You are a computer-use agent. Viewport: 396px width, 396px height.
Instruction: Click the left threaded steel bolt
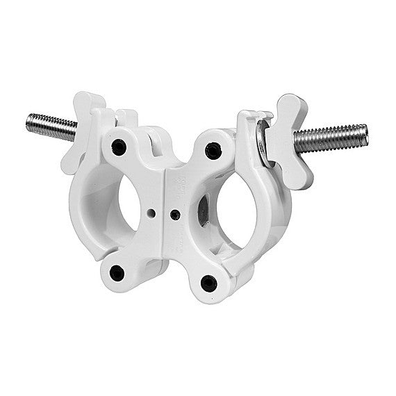[x=52, y=126]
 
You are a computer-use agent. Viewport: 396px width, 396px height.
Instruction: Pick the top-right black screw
[x=213, y=150]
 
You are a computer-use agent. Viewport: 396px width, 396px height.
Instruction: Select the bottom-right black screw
[x=208, y=283]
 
